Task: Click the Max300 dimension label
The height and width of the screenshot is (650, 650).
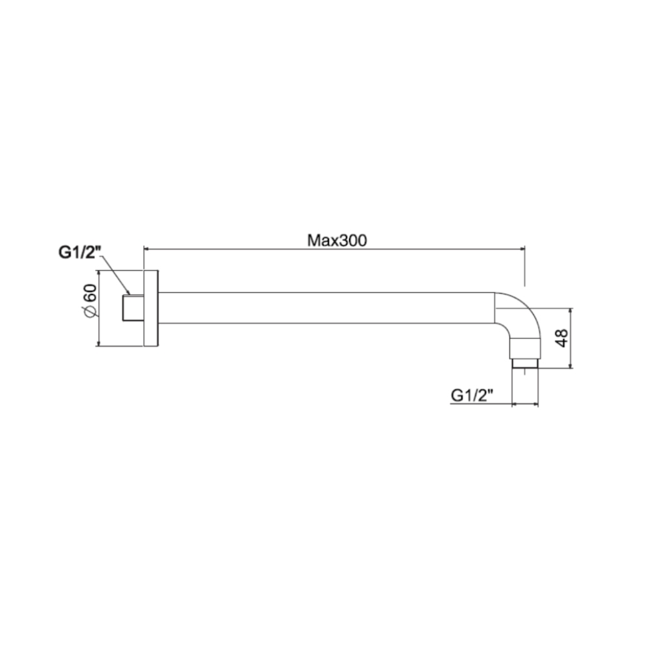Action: point(337,240)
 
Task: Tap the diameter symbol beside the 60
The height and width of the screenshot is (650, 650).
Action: point(90,311)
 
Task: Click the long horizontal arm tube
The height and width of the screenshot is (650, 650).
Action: point(325,307)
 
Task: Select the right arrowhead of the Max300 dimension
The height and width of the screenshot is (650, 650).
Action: point(522,248)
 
